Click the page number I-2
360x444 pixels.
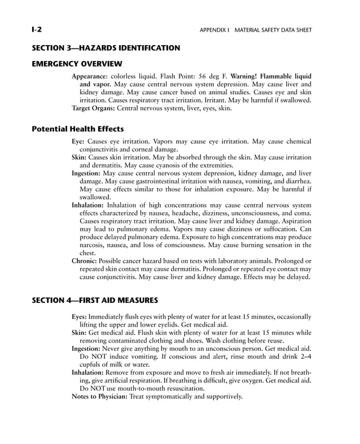pos(37,29)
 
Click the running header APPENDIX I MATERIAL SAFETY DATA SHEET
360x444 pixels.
pos(256,30)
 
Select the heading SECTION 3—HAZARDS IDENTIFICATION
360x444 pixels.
pos(106,48)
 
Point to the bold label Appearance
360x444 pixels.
pos(90,76)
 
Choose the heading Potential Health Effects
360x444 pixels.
pos(77,129)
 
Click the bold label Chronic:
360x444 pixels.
pos(85,261)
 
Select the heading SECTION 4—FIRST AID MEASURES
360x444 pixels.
pos(94,300)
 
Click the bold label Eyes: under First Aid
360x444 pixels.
pos(80,317)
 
